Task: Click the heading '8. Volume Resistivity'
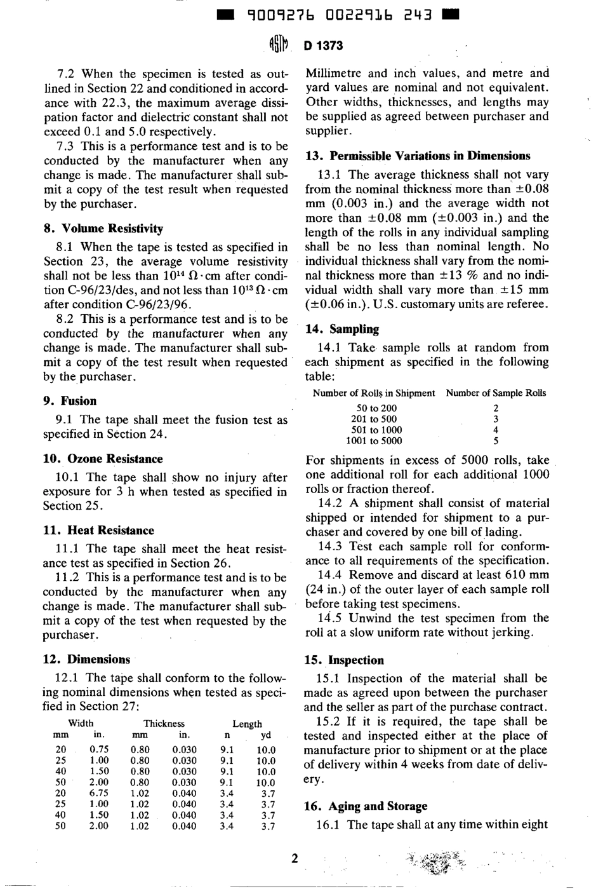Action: pos(103,229)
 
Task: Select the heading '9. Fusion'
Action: pos(70,401)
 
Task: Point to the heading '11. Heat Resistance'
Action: pos(98,531)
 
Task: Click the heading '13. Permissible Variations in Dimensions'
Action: pos(418,156)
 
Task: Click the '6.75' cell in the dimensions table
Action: pos(98,794)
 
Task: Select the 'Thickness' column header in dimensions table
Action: pos(164,724)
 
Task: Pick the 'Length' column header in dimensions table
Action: pos(247,724)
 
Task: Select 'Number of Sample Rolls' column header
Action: pos(496,393)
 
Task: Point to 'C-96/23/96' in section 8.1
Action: pos(140,304)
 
